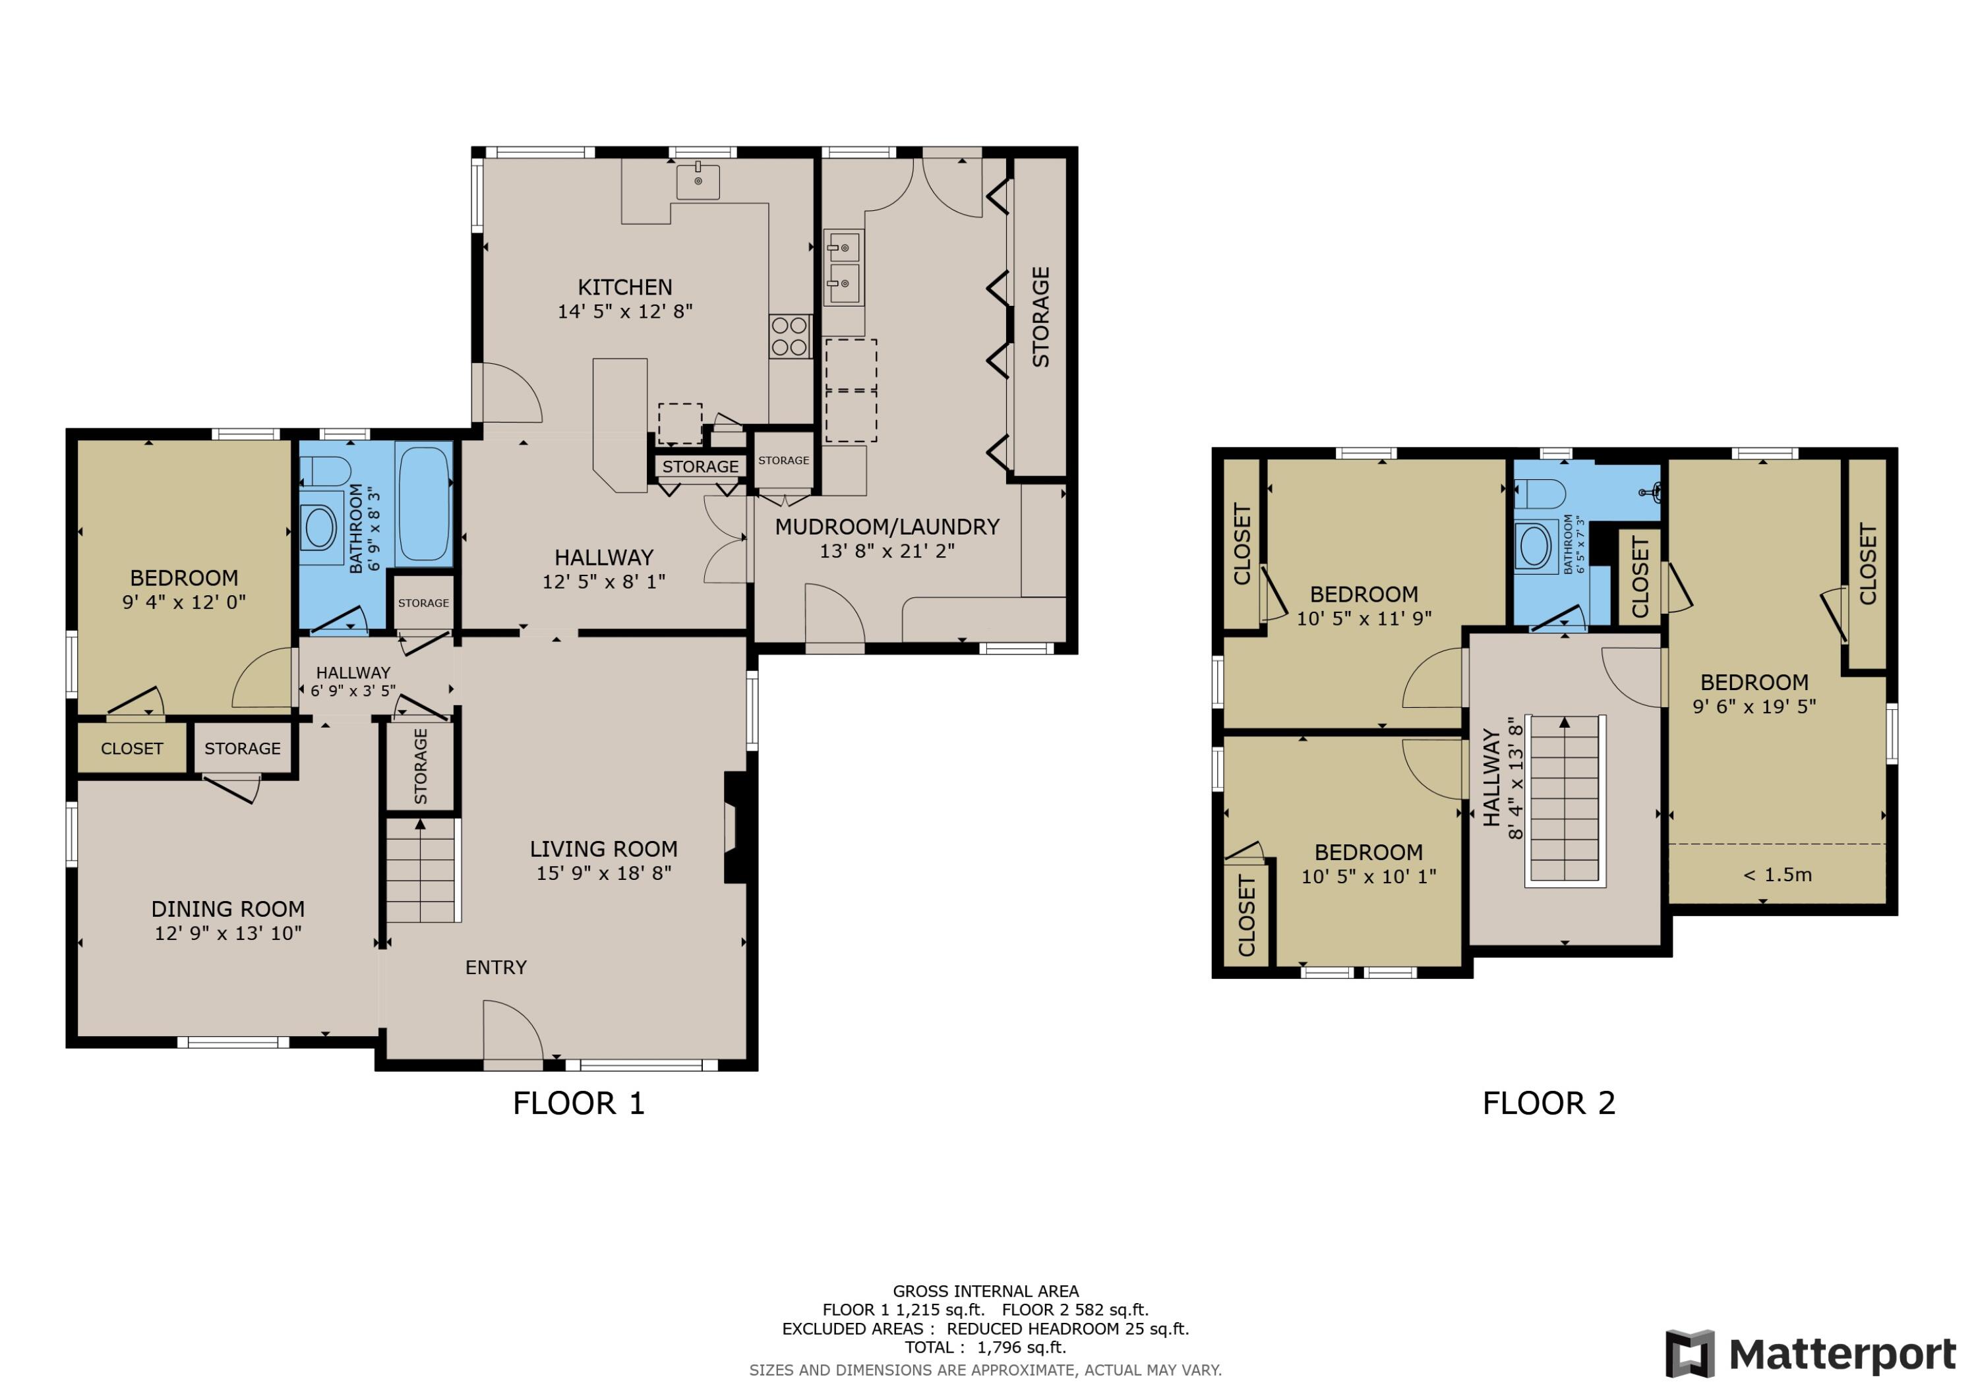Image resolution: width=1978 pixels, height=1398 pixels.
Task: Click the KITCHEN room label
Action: click(624, 287)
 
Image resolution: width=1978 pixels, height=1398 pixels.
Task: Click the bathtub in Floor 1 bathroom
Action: click(424, 504)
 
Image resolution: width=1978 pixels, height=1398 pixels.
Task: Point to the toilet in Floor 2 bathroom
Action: click(1540, 494)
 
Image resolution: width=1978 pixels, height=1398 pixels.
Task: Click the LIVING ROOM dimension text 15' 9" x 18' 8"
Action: click(603, 873)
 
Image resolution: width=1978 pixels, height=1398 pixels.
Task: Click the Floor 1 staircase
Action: click(421, 870)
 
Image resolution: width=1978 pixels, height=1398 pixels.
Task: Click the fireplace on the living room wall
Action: click(735, 828)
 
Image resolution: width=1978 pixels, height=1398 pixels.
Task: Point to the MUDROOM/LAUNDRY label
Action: click(887, 526)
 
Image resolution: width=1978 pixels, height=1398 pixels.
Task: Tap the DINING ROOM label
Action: click(227, 909)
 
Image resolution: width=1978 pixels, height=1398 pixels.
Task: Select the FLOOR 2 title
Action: click(1548, 1103)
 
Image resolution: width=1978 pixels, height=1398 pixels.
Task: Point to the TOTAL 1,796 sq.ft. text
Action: click(984, 1347)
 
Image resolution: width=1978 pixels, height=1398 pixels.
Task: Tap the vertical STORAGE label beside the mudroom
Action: click(1040, 317)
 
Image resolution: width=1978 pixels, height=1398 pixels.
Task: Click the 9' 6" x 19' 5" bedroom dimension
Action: click(1754, 707)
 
